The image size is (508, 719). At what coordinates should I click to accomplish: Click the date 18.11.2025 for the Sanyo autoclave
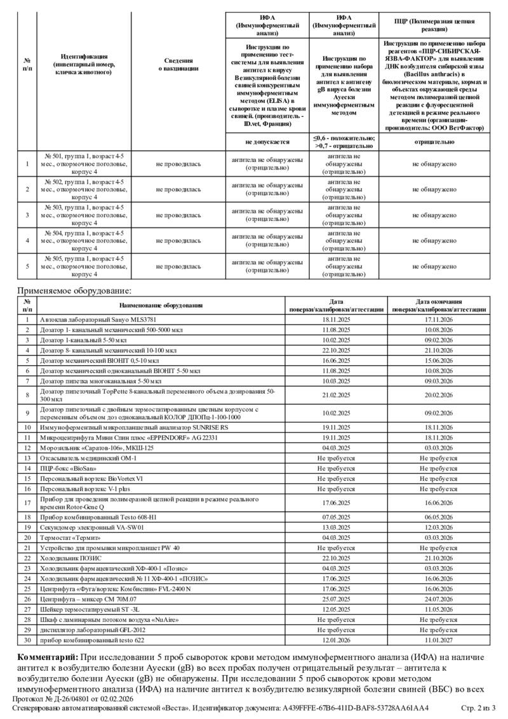pyautogui.click(x=337, y=319)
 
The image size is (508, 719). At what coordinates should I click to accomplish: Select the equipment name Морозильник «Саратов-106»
pyautogui.click(x=97, y=448)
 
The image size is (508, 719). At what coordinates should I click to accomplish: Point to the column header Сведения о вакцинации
pyautogui.click(x=178, y=64)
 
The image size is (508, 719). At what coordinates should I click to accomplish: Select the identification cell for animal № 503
pyautogui.click(x=84, y=215)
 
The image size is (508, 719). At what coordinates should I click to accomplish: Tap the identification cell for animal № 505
pyautogui.click(x=84, y=266)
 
